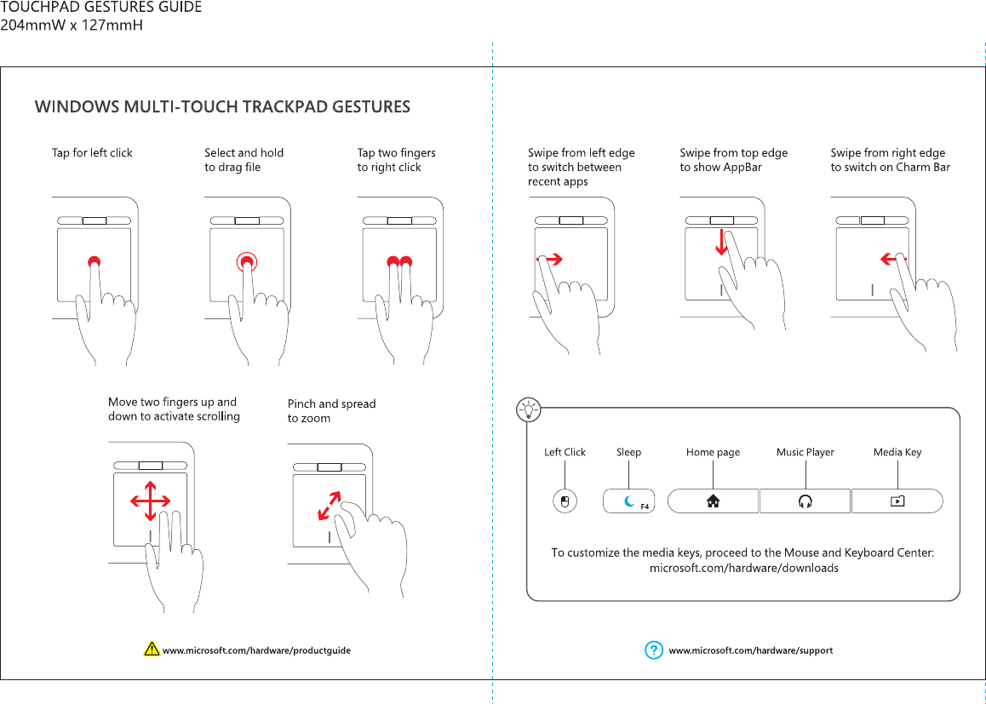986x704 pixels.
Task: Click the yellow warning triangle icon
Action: pos(152,650)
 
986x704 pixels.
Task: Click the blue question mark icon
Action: pos(653,650)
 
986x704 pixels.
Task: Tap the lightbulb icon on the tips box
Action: pos(530,409)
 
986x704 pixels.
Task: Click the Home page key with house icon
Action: pos(713,501)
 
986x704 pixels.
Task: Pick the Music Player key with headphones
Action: pos(805,501)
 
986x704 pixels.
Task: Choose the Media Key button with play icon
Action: pos(897,501)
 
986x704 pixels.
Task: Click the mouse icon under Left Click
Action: pos(564,501)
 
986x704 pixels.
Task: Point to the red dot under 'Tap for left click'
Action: pos(95,261)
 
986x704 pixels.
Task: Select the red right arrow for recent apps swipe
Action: pos(550,260)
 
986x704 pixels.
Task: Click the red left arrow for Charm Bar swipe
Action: pos(893,259)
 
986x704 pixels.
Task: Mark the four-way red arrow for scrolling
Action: pos(150,501)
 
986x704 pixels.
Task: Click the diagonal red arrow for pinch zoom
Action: pos(329,506)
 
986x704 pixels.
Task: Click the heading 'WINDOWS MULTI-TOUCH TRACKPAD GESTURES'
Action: pos(222,107)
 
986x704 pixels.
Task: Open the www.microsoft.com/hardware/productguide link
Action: pos(256,650)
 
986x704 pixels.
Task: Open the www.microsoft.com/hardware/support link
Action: pos(750,650)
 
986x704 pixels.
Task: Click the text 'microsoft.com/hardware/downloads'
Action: pos(743,568)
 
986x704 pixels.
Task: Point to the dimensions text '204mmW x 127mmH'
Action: pos(72,25)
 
